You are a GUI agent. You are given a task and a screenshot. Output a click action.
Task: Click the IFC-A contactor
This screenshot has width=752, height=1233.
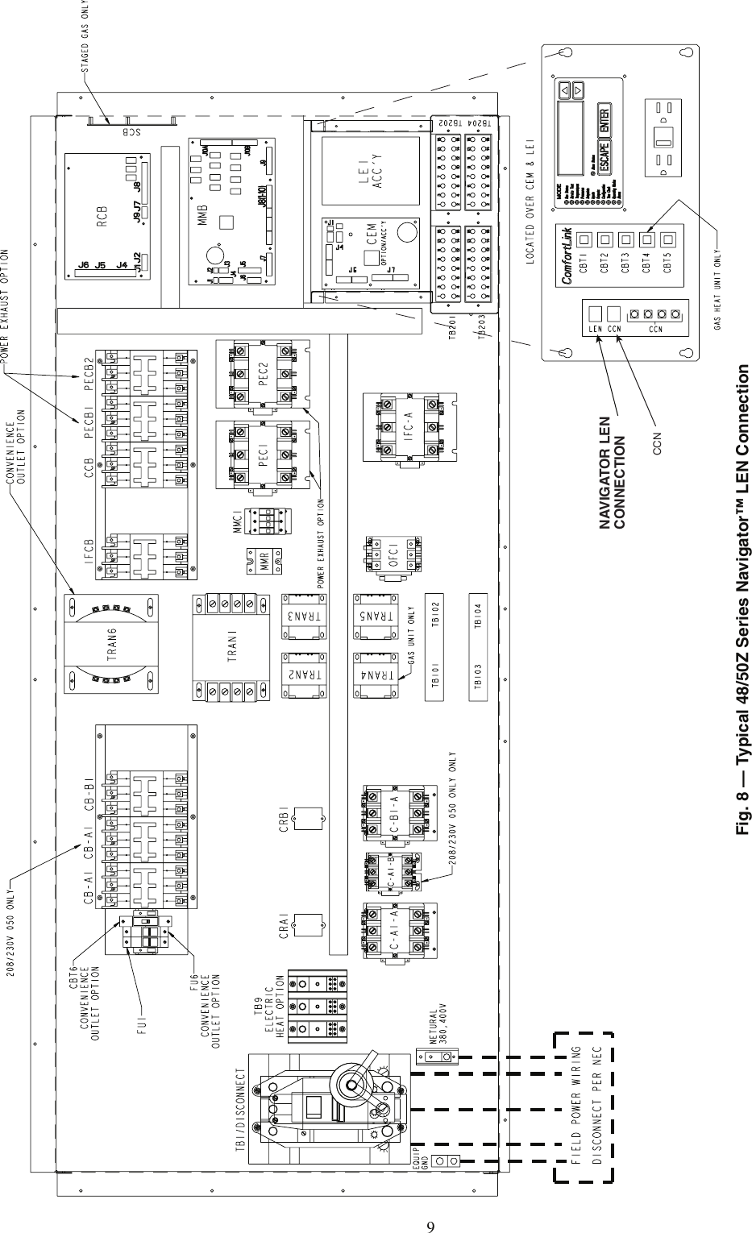[x=409, y=429]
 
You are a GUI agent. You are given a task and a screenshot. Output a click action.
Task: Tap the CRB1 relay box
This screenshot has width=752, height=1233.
[x=307, y=818]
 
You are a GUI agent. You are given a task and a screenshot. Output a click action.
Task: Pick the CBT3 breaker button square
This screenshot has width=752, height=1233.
[x=625, y=239]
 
